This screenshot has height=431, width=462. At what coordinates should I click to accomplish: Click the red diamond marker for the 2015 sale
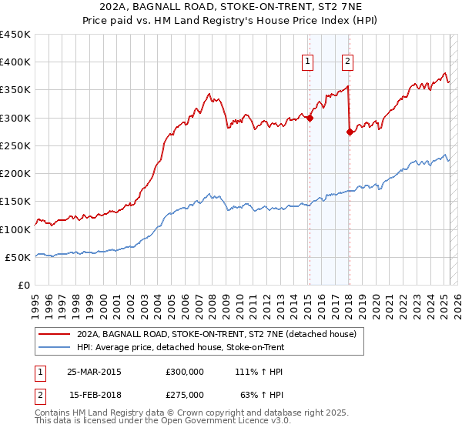[x=310, y=118]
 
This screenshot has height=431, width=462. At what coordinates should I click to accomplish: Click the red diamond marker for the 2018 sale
[x=350, y=132]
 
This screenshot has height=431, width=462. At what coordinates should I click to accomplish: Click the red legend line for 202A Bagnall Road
[x=55, y=335]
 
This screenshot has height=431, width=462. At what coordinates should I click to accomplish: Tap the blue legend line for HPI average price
[x=55, y=348]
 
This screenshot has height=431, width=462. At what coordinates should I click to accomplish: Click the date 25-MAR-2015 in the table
[x=94, y=371]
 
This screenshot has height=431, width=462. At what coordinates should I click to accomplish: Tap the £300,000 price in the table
[x=185, y=371]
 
